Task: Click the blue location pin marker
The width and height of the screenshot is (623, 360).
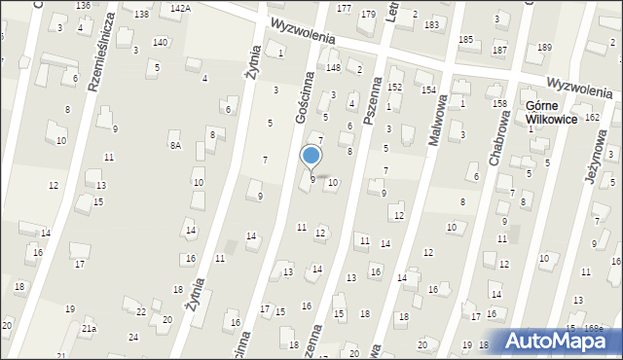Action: [311, 156]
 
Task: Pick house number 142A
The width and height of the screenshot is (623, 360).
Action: [180, 8]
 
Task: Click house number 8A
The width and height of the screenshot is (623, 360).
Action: [175, 146]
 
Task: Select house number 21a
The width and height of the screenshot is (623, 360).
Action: [89, 330]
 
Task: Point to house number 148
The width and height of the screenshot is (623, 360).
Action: [333, 68]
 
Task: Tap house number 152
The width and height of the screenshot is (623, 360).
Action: [394, 87]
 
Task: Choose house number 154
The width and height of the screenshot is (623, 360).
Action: [428, 90]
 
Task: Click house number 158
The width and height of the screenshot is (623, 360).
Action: [500, 104]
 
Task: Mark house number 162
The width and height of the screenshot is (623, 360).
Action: [593, 118]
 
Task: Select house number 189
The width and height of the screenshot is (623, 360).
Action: [544, 48]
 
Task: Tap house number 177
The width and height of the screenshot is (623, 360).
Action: [344, 8]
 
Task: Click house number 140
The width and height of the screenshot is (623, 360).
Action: [160, 42]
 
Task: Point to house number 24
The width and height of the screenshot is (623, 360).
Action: [133, 338]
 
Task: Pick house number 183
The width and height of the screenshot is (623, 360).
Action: [431, 23]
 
